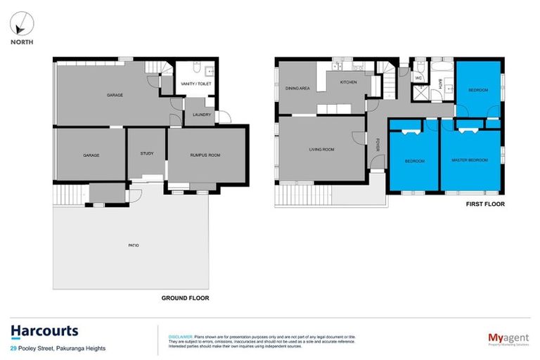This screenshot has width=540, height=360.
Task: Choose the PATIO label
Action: (133, 245)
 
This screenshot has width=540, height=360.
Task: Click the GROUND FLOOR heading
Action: (185, 298)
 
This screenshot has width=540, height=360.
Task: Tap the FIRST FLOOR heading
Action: (485, 205)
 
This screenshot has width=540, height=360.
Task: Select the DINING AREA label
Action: (297, 89)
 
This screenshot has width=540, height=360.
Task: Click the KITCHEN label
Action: (349, 82)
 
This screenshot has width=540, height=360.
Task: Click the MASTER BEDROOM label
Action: (470, 161)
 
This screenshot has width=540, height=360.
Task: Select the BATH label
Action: (440, 84)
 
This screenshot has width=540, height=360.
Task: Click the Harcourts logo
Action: (44, 331)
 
